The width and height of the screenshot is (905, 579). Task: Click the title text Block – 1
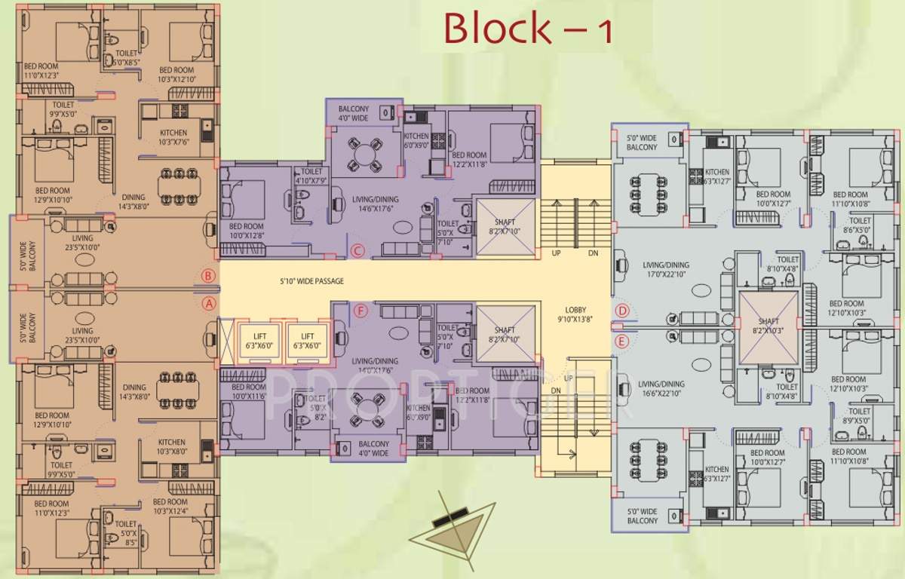[528, 28]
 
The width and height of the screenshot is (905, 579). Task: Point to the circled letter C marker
[358, 251]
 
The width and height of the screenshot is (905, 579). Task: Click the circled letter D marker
[622, 310]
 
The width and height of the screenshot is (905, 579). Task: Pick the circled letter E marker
[622, 342]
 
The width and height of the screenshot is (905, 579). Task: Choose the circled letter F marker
[361, 311]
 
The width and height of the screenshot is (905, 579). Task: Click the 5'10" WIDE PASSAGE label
[310, 281]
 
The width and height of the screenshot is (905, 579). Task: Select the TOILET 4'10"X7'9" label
[311, 176]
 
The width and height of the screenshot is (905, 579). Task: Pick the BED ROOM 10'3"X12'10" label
[177, 75]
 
